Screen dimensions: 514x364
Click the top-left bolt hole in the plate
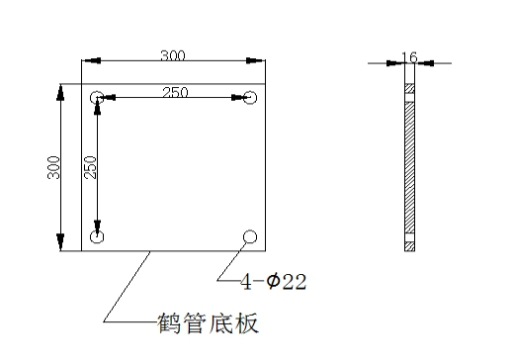[x=97, y=98]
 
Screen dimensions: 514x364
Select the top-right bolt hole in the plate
[x=250, y=98]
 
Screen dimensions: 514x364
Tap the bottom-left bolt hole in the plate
[x=97, y=237]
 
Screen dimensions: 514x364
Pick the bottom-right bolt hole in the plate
[x=250, y=235]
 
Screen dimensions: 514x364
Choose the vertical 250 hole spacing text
[x=89, y=169]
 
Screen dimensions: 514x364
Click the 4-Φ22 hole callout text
[x=274, y=283]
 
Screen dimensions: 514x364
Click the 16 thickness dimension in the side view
[x=409, y=57]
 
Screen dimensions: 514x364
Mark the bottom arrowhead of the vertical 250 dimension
[x=97, y=227]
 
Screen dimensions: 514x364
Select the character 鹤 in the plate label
[x=169, y=322]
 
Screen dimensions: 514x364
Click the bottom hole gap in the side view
[x=409, y=237]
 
